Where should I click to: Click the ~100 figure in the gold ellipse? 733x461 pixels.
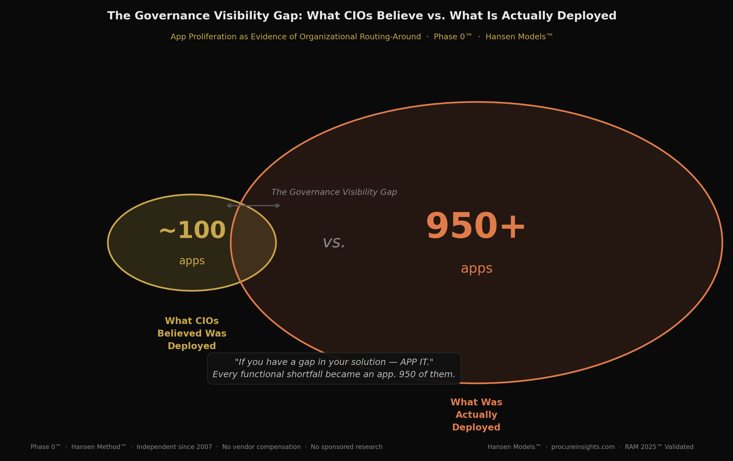tap(192, 231)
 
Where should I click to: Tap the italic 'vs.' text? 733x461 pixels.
tap(334, 243)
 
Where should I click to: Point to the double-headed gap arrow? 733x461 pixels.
tap(253, 206)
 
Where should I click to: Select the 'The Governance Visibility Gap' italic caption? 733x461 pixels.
tap(334, 192)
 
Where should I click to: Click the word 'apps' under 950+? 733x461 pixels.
tap(476, 269)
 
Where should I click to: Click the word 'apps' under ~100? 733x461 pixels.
tap(192, 261)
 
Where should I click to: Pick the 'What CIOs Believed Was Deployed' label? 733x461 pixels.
tap(192, 334)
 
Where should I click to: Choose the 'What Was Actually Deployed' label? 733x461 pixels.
tap(476, 415)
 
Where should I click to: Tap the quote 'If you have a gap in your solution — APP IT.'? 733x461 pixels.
tap(334, 362)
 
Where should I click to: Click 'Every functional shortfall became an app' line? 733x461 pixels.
tap(334, 374)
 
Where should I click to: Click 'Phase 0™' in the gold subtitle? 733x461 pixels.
tap(453, 37)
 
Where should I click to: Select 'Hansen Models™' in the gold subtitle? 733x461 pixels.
tap(519, 37)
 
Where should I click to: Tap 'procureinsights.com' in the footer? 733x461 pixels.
tap(583, 447)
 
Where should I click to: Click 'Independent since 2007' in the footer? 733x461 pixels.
tap(174, 447)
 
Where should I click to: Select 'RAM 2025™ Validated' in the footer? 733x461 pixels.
tap(659, 447)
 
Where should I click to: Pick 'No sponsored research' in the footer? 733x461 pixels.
tap(346, 447)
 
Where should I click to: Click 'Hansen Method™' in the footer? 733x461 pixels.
tap(99, 447)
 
